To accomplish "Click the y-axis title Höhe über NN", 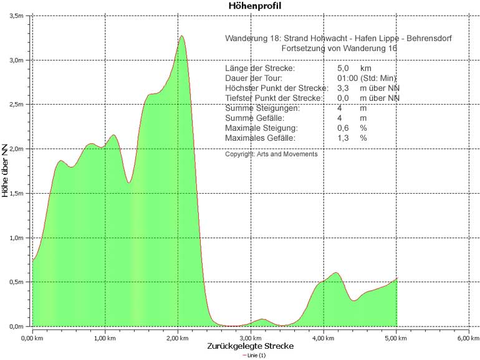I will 6,169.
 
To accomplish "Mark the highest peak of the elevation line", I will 181,36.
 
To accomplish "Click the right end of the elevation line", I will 396,278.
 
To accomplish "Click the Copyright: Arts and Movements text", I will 271,154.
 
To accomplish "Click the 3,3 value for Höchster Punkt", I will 343,88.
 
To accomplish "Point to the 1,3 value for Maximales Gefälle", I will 343,138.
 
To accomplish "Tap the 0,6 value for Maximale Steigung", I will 343,128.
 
